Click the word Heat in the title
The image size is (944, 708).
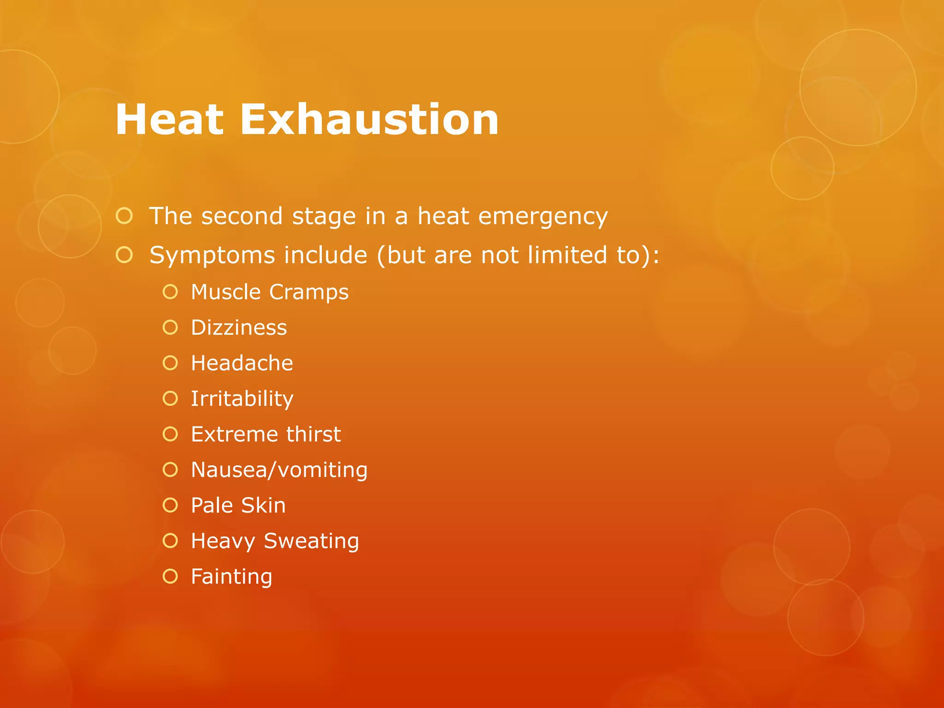[170, 120]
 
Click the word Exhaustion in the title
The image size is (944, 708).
[369, 120]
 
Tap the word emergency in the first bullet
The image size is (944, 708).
[543, 217]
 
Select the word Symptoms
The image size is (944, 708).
[212, 256]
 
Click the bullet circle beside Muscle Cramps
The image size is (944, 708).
[171, 292]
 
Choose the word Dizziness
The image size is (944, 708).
[239, 328]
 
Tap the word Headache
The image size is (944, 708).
[242, 363]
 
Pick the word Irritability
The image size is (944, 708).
[242, 399]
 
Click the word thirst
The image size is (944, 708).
[313, 434]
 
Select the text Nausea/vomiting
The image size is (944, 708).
[279, 470]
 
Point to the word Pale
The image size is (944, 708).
[212, 506]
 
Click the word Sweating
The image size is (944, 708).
[311, 542]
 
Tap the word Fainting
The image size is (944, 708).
[231, 577]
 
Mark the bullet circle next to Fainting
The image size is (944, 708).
[171, 576]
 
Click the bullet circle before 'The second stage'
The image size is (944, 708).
[124, 216]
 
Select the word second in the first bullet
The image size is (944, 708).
[242, 216]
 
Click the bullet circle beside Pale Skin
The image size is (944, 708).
[171, 505]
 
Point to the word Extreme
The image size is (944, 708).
[235, 434]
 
